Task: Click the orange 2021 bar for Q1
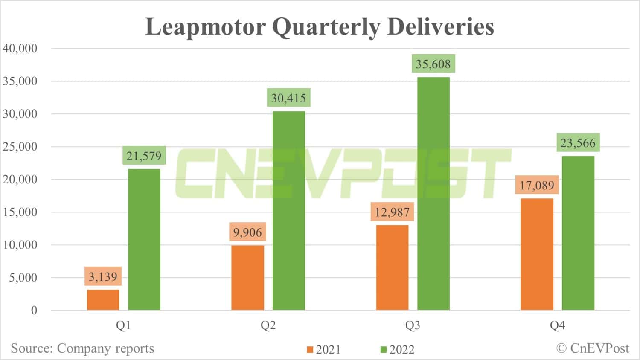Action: click(103, 300)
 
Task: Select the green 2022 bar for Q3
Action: click(433, 194)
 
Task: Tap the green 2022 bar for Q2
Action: click(289, 211)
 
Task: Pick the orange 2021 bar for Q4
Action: click(537, 254)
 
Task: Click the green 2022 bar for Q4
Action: click(578, 233)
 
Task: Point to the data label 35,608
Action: click(433, 64)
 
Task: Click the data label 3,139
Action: click(103, 277)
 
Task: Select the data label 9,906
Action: click(247, 232)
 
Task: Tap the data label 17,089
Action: click(537, 186)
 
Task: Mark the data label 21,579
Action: click(144, 156)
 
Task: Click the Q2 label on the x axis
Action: click(268, 326)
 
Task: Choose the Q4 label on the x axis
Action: click(557, 326)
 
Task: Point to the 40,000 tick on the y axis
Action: click(20, 48)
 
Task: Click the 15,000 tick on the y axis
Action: click(20, 212)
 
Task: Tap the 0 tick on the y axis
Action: click(34, 311)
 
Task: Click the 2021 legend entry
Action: click(324, 350)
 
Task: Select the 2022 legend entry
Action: click(397, 350)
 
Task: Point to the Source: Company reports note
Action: click(82, 348)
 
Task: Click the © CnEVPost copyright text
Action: click(593, 348)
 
